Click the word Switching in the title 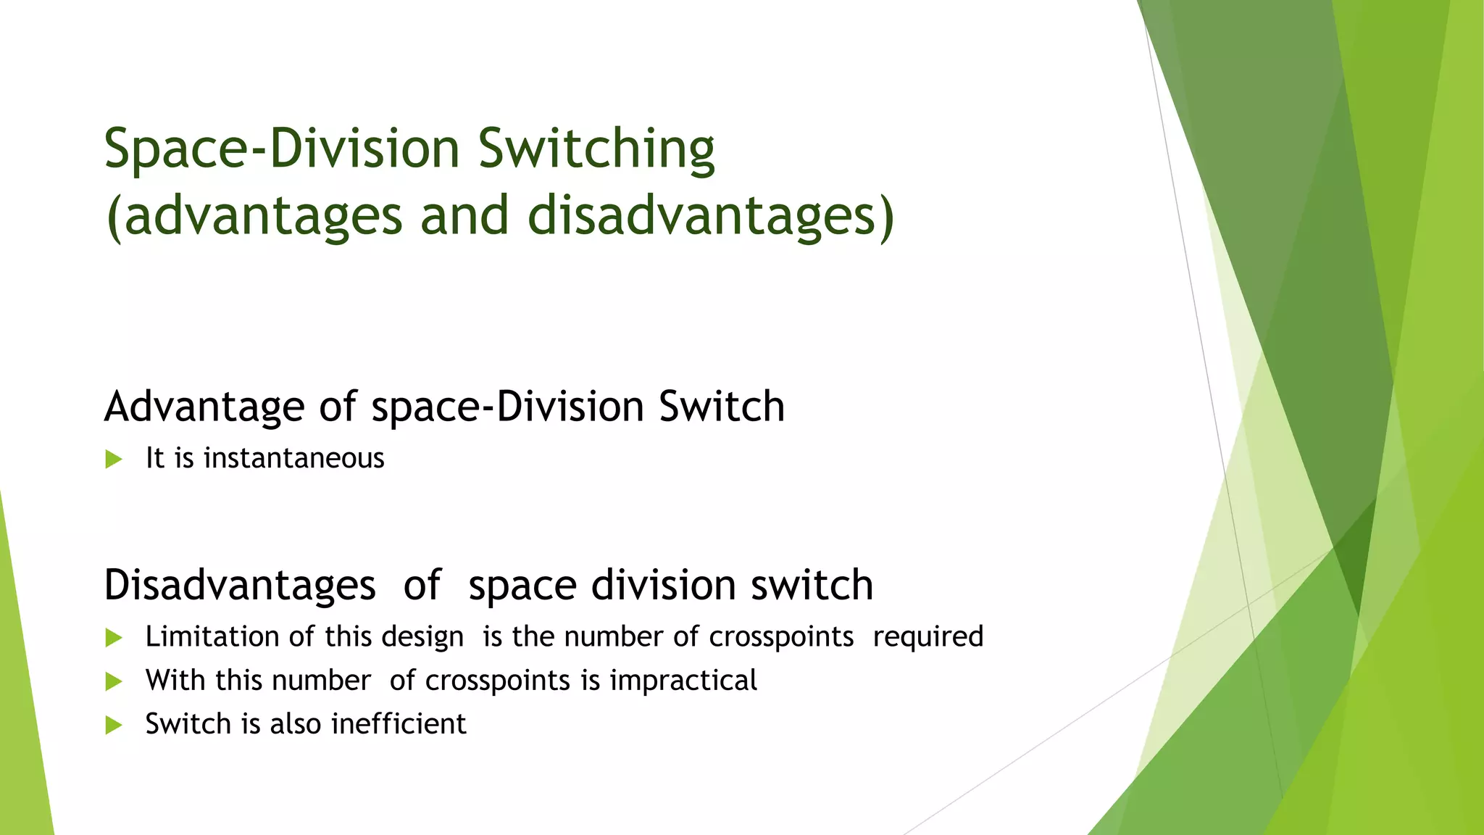pos(596,149)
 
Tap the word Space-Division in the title pos(282,149)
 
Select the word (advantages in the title pos(254,216)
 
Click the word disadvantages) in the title pos(711,216)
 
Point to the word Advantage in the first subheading pos(204,407)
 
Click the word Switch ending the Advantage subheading pos(721,406)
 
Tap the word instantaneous pos(293,458)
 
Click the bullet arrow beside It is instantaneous pos(114,459)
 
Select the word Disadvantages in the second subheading pos(240,584)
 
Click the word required pos(928,636)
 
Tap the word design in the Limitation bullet pos(422,636)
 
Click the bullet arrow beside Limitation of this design pos(114,637)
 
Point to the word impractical pos(683,681)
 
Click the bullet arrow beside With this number pos(114,681)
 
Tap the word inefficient pos(399,724)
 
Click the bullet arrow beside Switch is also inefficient pos(114,725)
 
